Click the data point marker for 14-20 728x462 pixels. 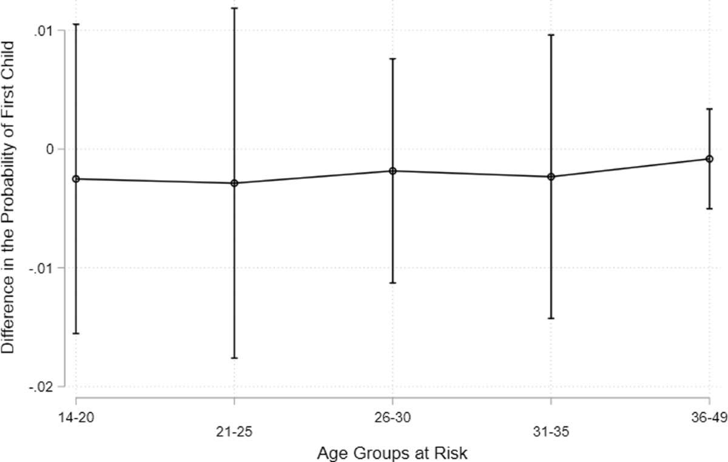pos(76,179)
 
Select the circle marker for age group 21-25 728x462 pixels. pos(234,183)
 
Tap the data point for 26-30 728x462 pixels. pos(393,171)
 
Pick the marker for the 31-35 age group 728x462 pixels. pos(551,177)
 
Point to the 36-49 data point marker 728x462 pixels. pos(709,159)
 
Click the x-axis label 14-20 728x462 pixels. pos(76,418)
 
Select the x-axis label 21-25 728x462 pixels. pos(234,432)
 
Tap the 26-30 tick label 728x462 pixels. pos(393,418)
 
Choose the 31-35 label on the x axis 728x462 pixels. pos(551,432)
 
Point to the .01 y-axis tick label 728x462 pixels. pos(44,31)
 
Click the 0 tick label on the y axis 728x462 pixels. pos(50,149)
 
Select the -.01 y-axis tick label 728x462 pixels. pos(41,269)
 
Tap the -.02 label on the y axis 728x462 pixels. pos(41,387)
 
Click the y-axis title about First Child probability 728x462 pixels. pos(8,197)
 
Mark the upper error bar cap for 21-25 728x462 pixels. pos(234,8)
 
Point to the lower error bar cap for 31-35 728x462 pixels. pos(551,318)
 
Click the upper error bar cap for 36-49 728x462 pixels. pos(709,109)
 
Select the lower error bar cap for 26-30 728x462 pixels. pos(393,283)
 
